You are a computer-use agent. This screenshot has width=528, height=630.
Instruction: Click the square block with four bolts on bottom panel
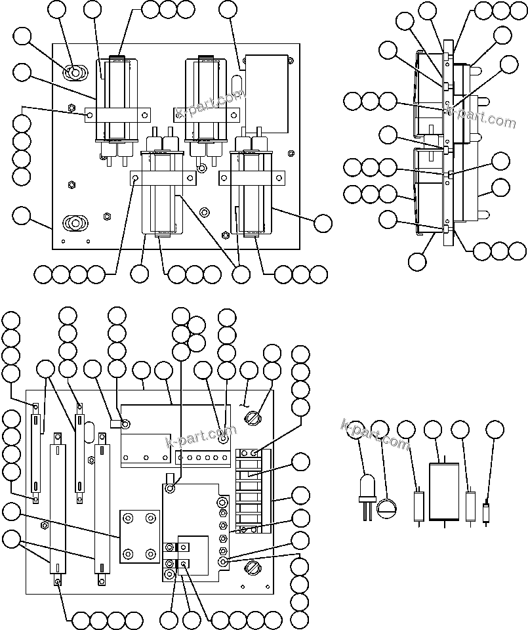[x=139, y=537]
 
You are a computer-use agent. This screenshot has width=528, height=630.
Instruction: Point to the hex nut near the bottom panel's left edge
[x=44, y=525]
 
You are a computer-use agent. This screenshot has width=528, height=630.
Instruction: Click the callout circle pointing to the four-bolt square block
[x=11, y=512]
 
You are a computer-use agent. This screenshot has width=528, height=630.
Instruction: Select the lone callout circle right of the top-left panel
[x=323, y=223]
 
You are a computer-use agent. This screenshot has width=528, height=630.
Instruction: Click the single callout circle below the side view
[x=416, y=262]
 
